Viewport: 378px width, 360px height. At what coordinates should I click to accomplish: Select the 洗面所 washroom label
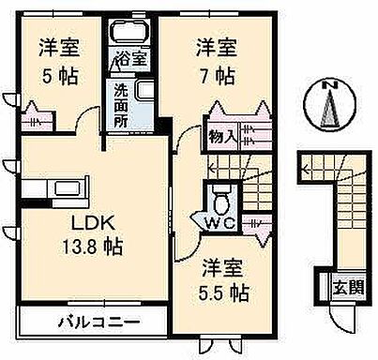pos(122,107)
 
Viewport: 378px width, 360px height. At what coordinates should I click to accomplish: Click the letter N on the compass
pos(329,86)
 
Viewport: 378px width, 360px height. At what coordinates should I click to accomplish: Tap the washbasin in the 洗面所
pos(145,92)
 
